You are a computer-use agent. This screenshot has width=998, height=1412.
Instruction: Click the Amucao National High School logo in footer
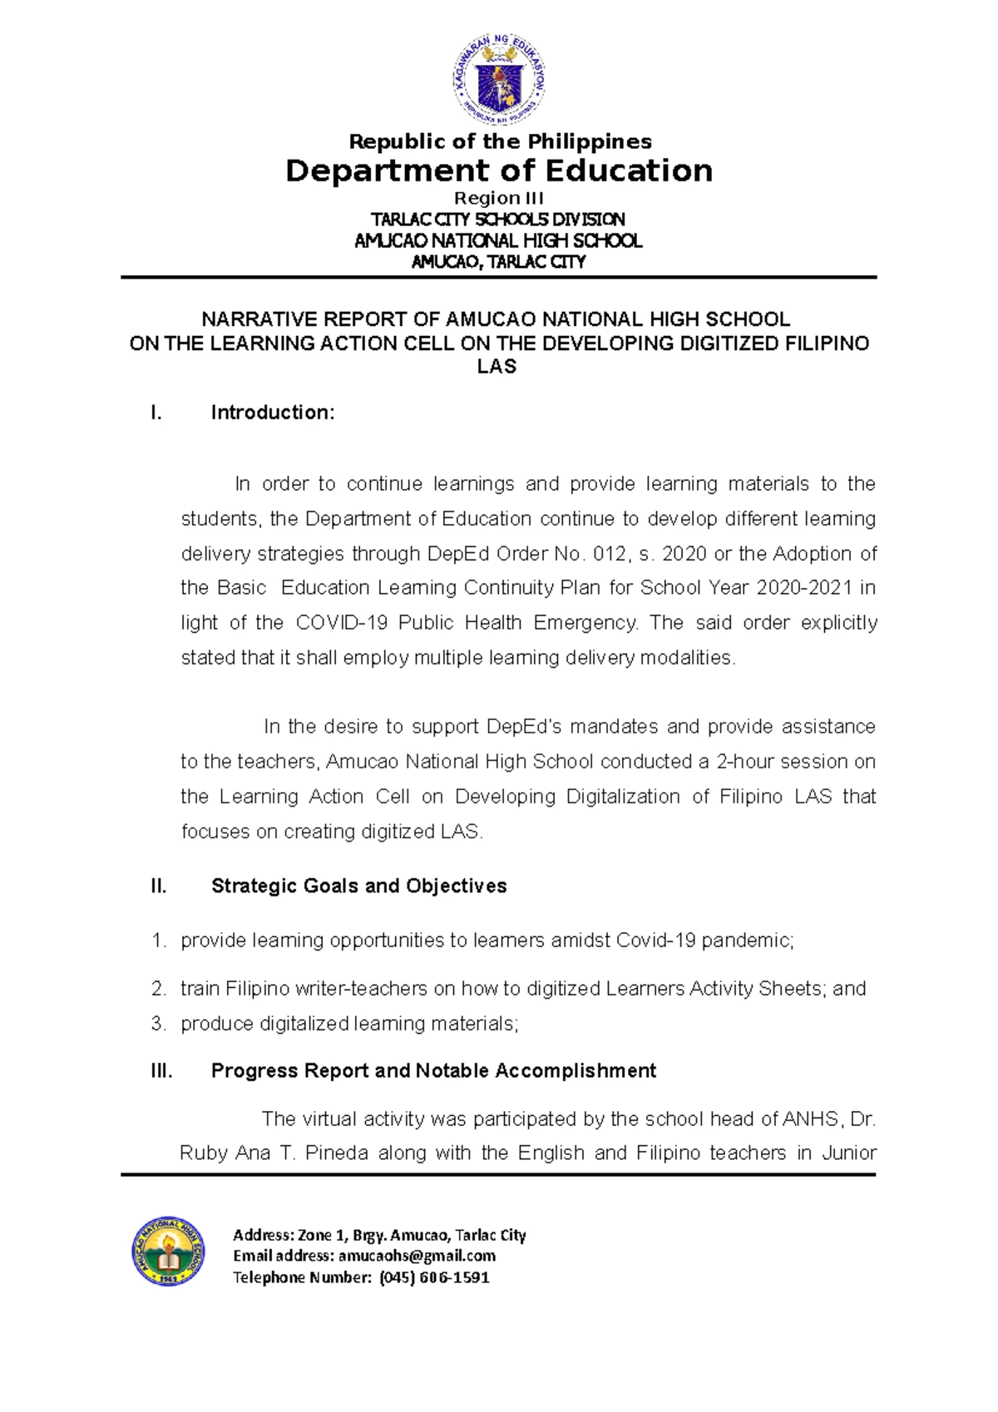(x=167, y=1250)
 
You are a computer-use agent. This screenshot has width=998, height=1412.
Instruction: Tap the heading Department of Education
(x=498, y=170)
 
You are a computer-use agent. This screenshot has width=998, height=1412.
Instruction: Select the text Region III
(x=498, y=198)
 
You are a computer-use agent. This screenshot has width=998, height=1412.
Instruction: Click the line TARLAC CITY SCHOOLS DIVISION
(x=497, y=220)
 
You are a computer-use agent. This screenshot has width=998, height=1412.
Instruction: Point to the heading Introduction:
(x=272, y=412)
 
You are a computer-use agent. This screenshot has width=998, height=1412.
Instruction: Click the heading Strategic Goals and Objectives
(x=358, y=886)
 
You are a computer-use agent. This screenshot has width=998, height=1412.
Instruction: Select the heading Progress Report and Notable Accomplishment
(x=433, y=1070)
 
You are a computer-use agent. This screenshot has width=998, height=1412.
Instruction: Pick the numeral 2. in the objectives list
(x=158, y=989)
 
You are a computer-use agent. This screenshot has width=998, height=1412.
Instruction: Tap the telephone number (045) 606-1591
(x=434, y=1277)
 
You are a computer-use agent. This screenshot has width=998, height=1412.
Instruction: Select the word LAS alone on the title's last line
(x=497, y=367)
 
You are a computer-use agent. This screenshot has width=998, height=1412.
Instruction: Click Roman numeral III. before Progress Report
(x=161, y=1070)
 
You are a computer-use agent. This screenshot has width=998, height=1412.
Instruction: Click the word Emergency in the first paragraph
(x=585, y=623)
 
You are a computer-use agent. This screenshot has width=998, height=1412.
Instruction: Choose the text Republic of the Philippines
(x=500, y=141)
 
